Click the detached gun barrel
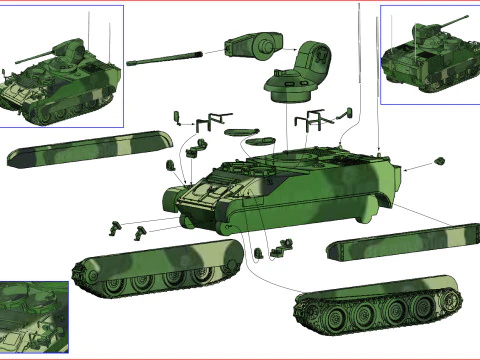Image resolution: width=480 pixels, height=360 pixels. (170, 55)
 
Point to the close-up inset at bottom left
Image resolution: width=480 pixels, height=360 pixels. (33, 317)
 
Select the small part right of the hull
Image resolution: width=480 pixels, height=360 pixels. (438, 159)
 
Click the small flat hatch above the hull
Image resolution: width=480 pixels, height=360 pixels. (241, 131)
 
